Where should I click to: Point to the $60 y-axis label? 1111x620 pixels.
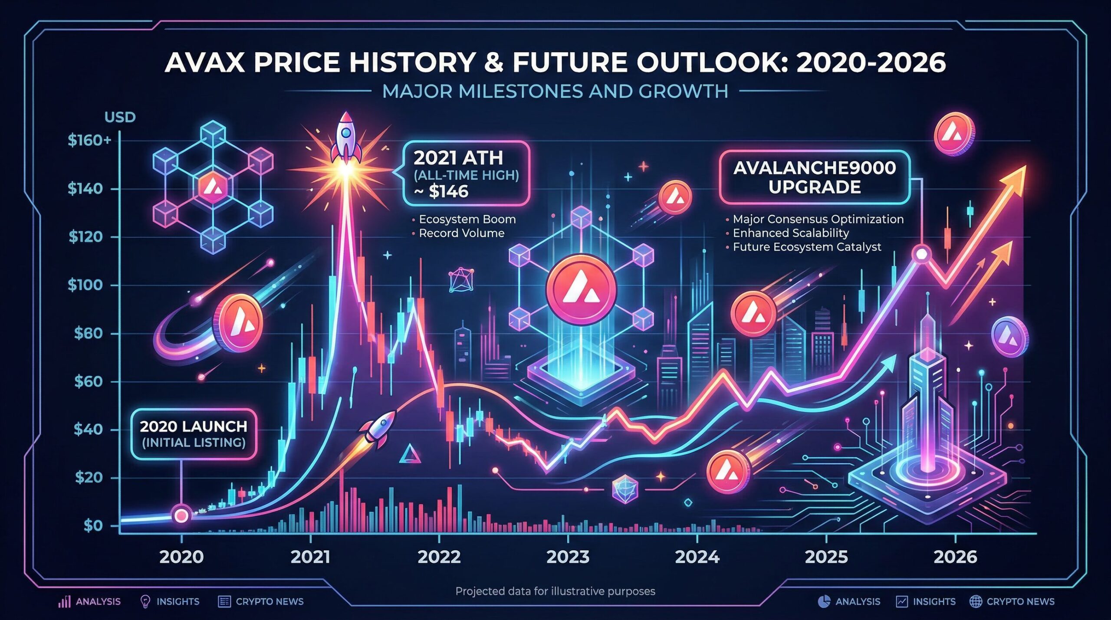[x=88, y=382]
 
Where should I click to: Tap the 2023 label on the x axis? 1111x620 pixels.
[x=568, y=557]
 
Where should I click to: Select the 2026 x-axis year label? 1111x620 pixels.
[x=955, y=557]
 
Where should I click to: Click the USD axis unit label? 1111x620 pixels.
[x=120, y=117]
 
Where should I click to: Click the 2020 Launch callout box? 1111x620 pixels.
[x=194, y=434]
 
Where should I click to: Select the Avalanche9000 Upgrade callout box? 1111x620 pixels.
[x=814, y=177]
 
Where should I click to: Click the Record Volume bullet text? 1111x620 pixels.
[x=461, y=233]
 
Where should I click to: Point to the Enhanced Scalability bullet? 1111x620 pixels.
[x=791, y=233]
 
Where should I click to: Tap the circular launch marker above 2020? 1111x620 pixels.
[x=181, y=515]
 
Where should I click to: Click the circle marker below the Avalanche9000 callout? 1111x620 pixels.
[x=921, y=254]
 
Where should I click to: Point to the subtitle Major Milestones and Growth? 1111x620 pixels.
[x=555, y=92]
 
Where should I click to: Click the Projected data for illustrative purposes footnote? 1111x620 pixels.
[x=555, y=591]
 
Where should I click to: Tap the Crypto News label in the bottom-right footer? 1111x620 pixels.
[x=1020, y=601]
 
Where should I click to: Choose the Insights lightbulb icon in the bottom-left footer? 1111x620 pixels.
[x=145, y=601]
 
